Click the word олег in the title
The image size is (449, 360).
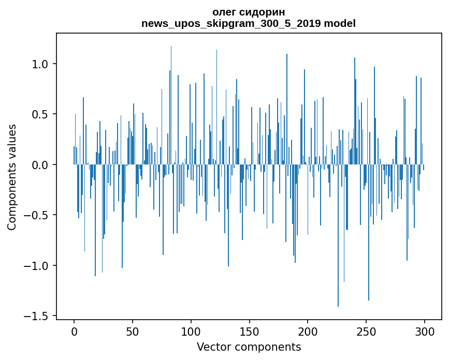coord(224,12)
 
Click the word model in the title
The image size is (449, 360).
coord(340,24)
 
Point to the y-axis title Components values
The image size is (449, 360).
coord(12,177)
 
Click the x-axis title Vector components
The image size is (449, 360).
coord(249,347)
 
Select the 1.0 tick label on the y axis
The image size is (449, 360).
coord(40,64)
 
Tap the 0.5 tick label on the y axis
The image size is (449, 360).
coord(40,114)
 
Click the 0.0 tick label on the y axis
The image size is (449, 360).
coord(40,165)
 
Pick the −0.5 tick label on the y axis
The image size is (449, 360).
coord(37,215)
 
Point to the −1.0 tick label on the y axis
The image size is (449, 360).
coord(37,266)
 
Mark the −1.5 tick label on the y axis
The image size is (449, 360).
coord(37,316)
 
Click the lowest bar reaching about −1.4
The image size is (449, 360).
coord(338,259)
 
